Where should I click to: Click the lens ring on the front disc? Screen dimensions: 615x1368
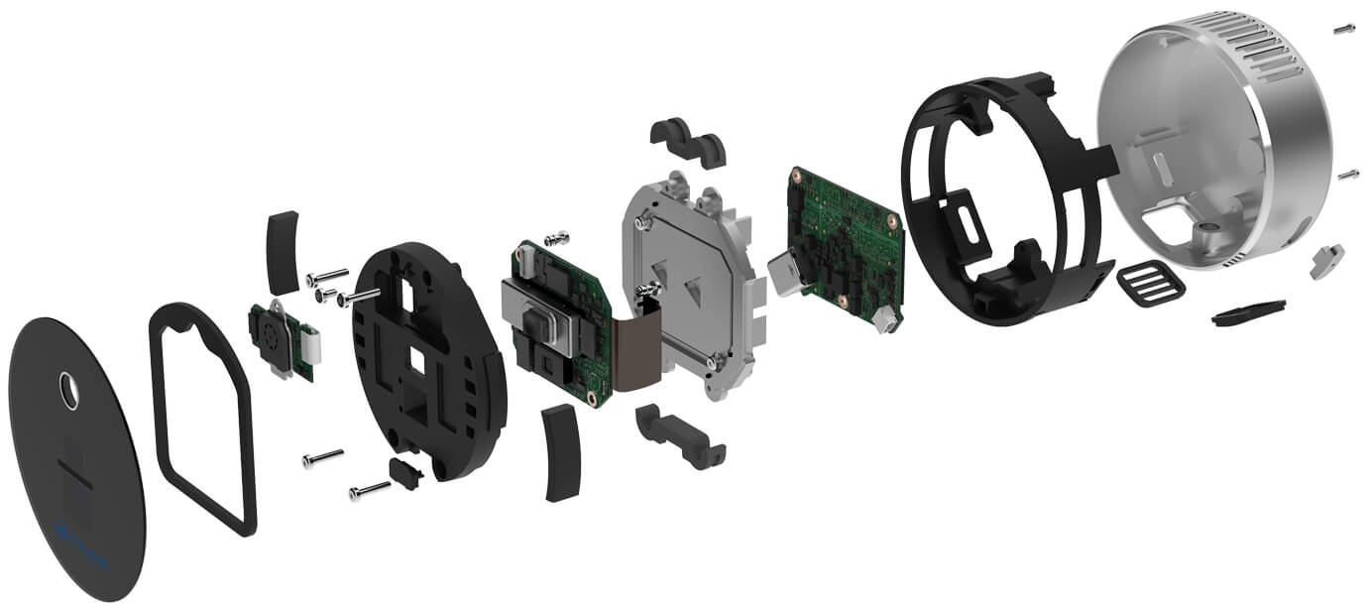[68, 390]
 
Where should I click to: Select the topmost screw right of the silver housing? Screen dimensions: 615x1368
[1344, 31]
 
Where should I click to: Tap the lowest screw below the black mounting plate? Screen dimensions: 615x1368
[369, 490]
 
